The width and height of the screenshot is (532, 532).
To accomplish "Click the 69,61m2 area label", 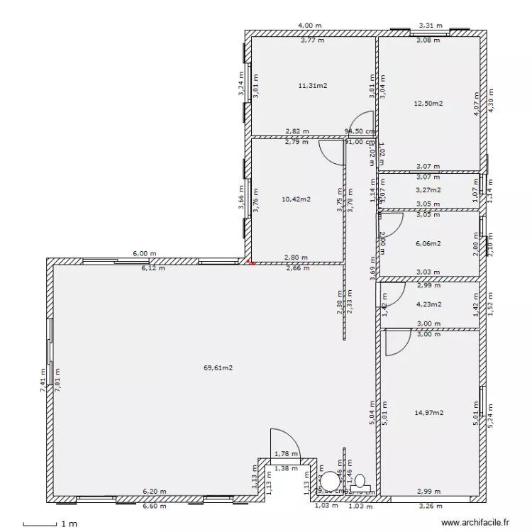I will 218,368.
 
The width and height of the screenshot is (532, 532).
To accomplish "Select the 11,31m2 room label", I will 312,85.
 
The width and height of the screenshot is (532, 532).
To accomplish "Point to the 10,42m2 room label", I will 296,199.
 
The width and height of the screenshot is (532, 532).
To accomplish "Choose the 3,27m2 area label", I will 428,190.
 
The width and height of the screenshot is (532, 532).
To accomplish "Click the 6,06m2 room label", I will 428,243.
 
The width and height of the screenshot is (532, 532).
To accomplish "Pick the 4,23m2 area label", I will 428,305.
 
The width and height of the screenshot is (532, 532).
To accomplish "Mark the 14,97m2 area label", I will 428,412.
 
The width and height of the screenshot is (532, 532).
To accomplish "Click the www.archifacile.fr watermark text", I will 475,523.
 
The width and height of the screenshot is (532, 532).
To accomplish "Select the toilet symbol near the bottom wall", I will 360,480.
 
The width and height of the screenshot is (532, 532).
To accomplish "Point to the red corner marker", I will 248,263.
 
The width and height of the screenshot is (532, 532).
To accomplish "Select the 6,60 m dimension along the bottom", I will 154,506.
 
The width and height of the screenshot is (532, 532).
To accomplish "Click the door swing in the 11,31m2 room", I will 364,123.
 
